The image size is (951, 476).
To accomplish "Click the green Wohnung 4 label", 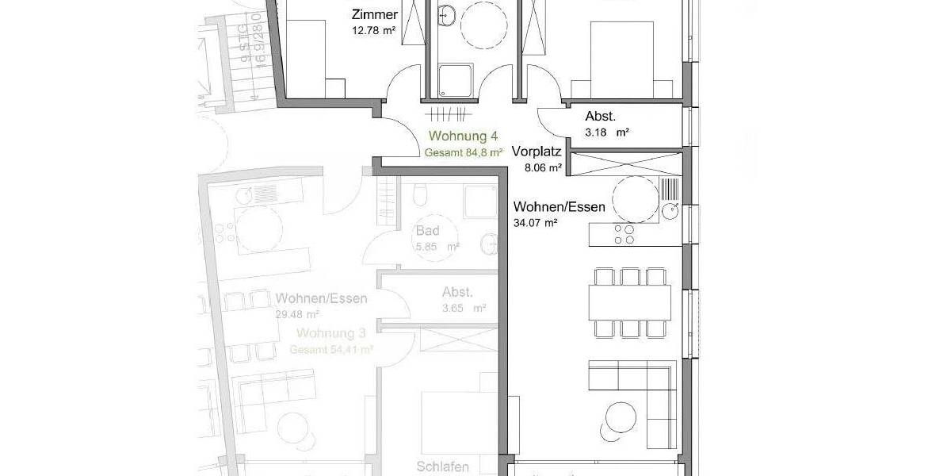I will tap(463, 136).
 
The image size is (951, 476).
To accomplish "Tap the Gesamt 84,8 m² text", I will tap(464, 152).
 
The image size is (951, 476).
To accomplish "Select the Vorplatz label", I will tap(537, 152).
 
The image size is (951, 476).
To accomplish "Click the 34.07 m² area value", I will tap(536, 223).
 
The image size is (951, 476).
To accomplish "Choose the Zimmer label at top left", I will tap(374, 14).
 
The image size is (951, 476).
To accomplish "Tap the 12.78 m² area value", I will tap(375, 31).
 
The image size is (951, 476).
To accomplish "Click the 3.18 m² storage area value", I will tap(607, 132).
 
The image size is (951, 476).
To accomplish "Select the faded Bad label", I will tap(427, 232).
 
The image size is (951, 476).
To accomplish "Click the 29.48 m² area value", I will tap(297, 314).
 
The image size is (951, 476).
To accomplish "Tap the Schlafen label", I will tap(442, 466).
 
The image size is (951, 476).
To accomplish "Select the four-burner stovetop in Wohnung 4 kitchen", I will tap(624, 234).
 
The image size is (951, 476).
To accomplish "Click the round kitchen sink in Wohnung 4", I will tap(670, 210).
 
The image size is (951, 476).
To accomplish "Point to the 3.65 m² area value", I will tap(464, 308).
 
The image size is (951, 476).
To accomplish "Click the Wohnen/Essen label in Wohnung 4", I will tap(560, 207).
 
